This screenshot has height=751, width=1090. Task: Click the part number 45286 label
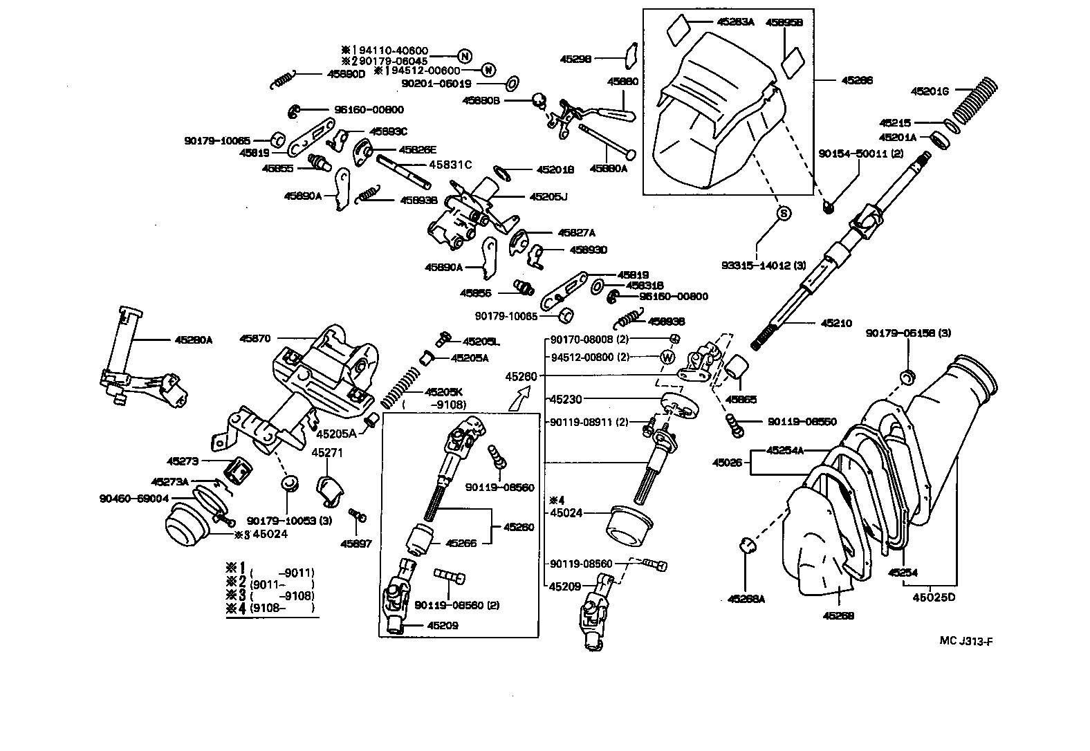[x=857, y=81]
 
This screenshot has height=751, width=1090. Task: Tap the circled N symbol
[x=465, y=55]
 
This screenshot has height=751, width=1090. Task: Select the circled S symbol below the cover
[x=784, y=214]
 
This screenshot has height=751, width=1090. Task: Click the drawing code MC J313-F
[x=966, y=640]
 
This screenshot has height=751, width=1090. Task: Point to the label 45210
[x=837, y=323]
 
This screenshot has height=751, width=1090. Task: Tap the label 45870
[x=255, y=339]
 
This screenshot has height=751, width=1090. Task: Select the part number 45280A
[x=194, y=340]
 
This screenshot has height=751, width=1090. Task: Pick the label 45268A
[x=746, y=599]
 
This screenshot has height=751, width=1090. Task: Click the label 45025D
[x=933, y=597]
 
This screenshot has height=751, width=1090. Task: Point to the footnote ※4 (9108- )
[x=270, y=608]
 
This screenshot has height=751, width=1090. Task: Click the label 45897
[x=355, y=544]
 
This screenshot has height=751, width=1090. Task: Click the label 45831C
[x=450, y=165]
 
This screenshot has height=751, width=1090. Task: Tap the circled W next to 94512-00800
[x=668, y=358]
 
